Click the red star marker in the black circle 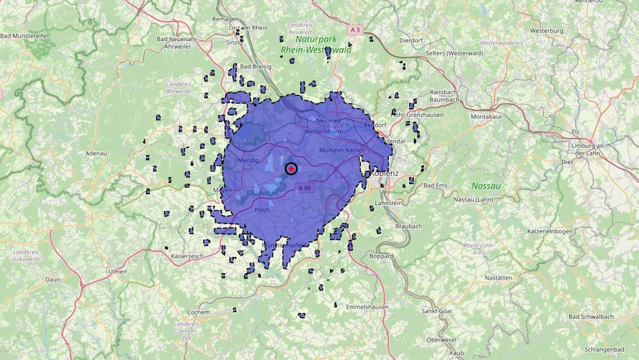click(291, 168)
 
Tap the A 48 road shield click(304, 188)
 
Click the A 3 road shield click(355, 30)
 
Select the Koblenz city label click(384, 173)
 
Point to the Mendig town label click(248, 160)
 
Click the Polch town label click(262, 210)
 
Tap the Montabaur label click(486, 117)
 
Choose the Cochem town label click(198, 312)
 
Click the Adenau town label click(96, 153)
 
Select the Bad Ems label click(435, 185)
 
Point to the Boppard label click(381, 256)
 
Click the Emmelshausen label click(367, 307)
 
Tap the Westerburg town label click(547, 31)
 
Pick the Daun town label click(53, 279)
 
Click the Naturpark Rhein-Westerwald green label click(316, 44)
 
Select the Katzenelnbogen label click(550, 231)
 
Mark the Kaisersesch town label click(187, 256)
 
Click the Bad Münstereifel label click(24, 36)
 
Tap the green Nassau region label click(486, 186)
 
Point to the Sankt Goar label click(437, 311)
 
